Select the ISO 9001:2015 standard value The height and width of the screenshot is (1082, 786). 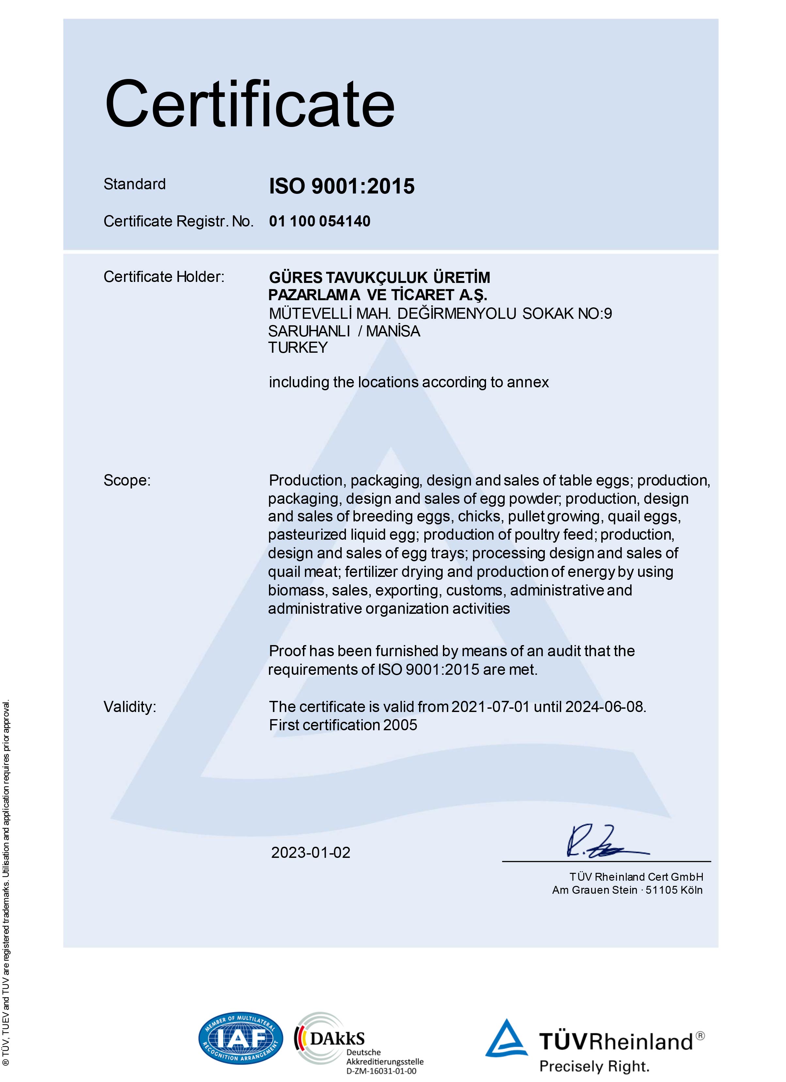pyautogui.click(x=342, y=186)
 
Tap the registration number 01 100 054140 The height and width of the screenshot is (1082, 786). pyautogui.click(x=320, y=221)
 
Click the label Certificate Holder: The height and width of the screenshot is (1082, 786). pyautogui.click(x=164, y=277)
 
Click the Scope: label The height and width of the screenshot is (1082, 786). pyautogui.click(x=127, y=480)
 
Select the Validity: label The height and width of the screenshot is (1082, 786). pyautogui.click(x=130, y=706)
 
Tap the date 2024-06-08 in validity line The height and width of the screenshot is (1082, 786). pyautogui.click(x=605, y=706)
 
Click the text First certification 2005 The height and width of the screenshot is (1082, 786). pyautogui.click(x=343, y=725)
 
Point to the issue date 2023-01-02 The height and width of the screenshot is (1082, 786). pyautogui.click(x=311, y=853)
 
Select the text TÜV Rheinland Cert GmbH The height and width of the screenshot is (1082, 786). pyautogui.click(x=636, y=877)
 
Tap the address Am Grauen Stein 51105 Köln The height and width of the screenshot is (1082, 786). pyautogui.click(x=627, y=890)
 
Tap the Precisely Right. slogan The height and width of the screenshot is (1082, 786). pyautogui.click(x=594, y=1067)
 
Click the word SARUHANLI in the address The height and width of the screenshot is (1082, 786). pyautogui.click(x=309, y=331)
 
